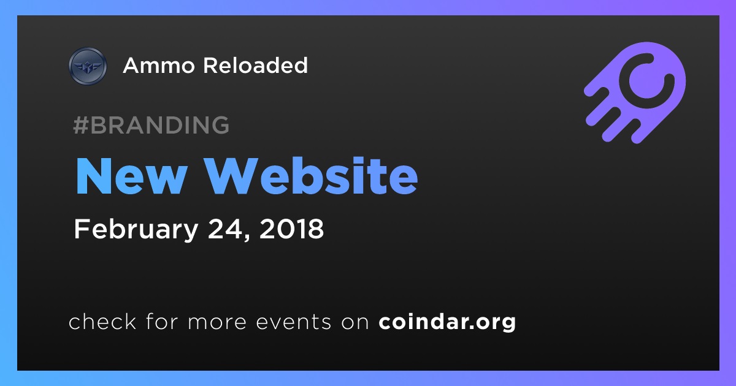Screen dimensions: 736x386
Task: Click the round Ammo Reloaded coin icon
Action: point(88,66)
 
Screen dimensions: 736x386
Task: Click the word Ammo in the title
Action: point(159,66)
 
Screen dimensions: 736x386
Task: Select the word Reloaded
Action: point(255,65)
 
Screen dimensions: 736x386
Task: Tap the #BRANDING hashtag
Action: point(151,125)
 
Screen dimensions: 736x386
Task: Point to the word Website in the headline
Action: point(310,176)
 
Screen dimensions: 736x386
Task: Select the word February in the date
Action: point(136,229)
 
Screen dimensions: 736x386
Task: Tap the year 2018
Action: point(291,229)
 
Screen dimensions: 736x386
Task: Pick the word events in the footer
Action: point(293,322)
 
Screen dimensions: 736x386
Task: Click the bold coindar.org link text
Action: point(447,322)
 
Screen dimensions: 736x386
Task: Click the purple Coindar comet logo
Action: point(635,93)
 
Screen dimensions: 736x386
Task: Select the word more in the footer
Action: point(217,322)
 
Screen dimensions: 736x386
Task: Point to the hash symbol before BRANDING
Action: point(81,125)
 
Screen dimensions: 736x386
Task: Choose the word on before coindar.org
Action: point(355,322)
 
